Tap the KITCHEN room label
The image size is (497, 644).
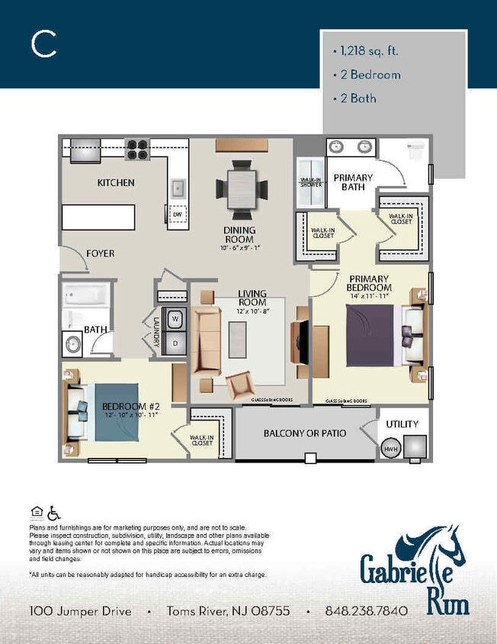116,183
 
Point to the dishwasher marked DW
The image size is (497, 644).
177,215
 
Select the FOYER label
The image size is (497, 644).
101,253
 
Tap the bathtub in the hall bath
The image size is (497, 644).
87,295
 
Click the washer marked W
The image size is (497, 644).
175,319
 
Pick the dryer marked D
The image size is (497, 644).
175,343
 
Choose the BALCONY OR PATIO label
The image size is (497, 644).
305,433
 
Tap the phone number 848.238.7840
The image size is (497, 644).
366,611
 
